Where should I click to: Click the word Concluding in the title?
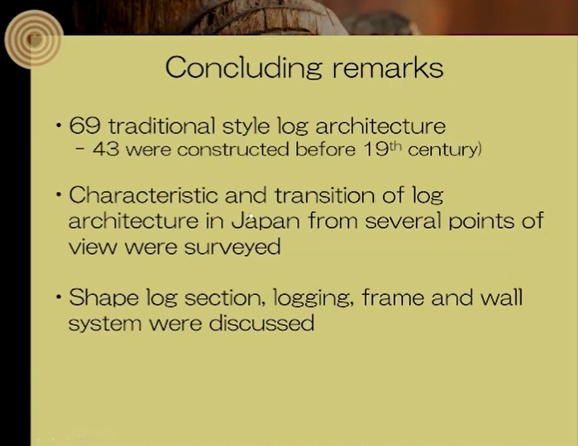pos(244,68)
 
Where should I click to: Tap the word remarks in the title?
pos(388,68)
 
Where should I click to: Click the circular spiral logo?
pos(34,39)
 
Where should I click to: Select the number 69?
pos(84,125)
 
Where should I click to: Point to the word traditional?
pos(161,125)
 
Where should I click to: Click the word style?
pos(246,126)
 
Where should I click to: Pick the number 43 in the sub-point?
pos(106,149)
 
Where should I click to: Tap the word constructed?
pos(233,149)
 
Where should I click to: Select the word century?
pos(442,149)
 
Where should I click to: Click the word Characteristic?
pos(144,194)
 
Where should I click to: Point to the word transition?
pos(325,194)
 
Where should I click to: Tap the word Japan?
pos(266,221)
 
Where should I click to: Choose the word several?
pos(403,221)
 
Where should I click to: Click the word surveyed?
pos(232,248)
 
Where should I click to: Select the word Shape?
pos(104,297)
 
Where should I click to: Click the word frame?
pos(393,297)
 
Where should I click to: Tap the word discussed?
pos(262,323)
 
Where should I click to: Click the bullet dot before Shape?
pos(59,297)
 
